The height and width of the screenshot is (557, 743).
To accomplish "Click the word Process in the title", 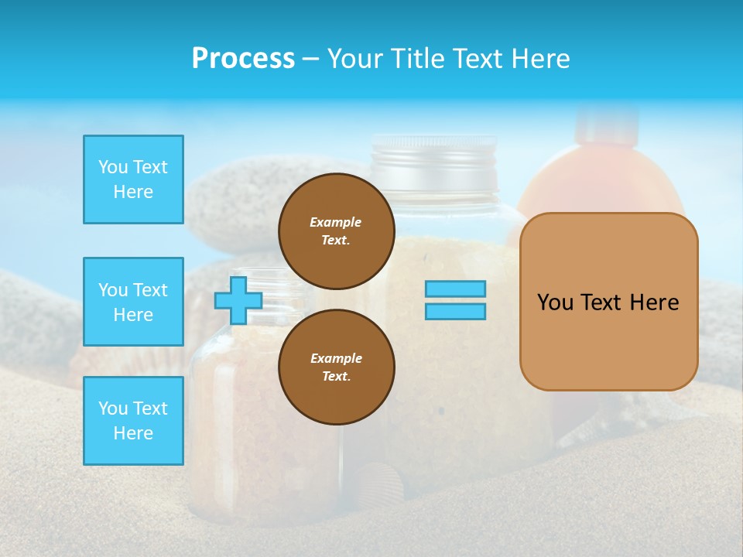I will pyautogui.click(x=243, y=59).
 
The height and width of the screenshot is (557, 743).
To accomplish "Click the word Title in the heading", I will pyautogui.click(x=416, y=59).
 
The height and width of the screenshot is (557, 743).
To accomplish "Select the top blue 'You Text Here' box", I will pyautogui.click(x=133, y=179).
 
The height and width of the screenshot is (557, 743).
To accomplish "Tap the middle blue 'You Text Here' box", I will pyautogui.click(x=133, y=302).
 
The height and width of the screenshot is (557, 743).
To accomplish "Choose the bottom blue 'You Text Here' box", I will pyautogui.click(x=133, y=420).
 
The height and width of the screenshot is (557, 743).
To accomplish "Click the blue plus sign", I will pyautogui.click(x=238, y=300).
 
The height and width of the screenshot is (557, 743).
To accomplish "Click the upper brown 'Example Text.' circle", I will pyautogui.click(x=336, y=231).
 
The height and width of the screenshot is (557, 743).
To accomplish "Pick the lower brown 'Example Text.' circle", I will pyautogui.click(x=336, y=367).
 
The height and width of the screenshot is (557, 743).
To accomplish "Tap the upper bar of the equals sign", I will pyautogui.click(x=455, y=289).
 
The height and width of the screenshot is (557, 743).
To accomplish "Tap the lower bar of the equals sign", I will pyautogui.click(x=455, y=311).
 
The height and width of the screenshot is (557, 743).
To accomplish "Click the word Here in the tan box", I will pyautogui.click(x=654, y=302).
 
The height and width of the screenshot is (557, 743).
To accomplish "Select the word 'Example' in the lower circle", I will pyautogui.click(x=336, y=358).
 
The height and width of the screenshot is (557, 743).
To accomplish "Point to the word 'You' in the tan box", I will pyautogui.click(x=555, y=302).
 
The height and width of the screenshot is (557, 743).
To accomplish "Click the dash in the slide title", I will pyautogui.click(x=311, y=59).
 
